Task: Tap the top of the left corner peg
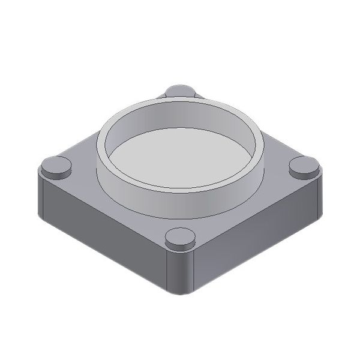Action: click(x=56, y=164)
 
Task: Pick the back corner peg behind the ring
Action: click(x=180, y=91)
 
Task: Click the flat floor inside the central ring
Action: click(x=180, y=157)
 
